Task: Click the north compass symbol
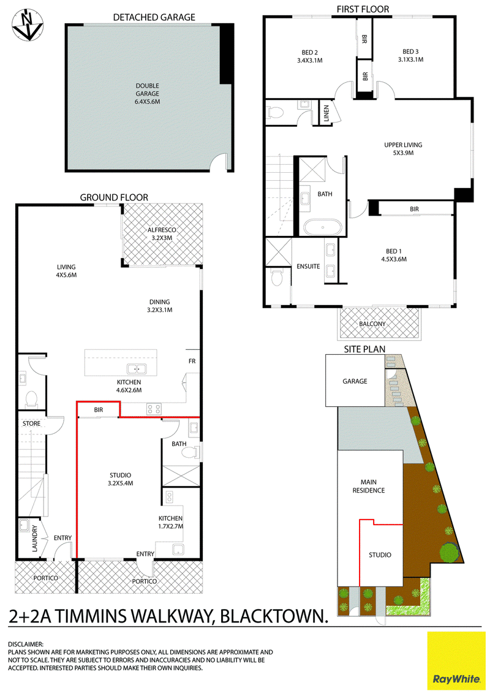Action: (28, 26)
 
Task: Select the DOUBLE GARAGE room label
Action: (148, 94)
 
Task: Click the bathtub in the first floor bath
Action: (323, 228)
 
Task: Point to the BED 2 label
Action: (310, 56)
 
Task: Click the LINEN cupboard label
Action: (326, 113)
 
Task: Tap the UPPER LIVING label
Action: (403, 149)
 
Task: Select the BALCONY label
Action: (372, 324)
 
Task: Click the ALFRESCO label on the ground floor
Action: (162, 234)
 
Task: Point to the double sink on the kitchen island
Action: (137, 368)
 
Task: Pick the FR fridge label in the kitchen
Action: (192, 361)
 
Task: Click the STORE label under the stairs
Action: (31, 423)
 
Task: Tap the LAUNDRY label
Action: (36, 538)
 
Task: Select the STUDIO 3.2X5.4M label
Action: (120, 480)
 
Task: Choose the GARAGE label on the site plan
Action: (355, 381)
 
